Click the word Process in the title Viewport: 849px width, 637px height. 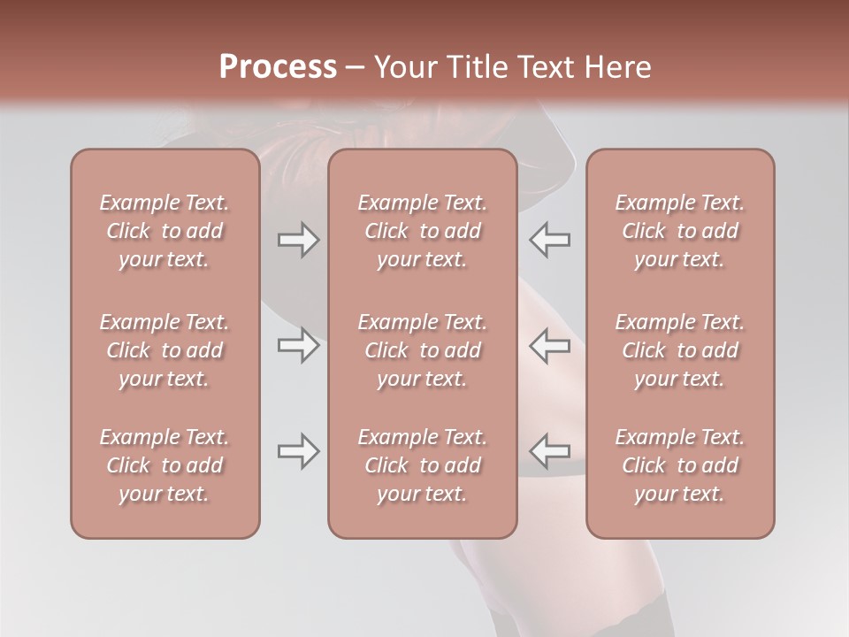tap(278, 67)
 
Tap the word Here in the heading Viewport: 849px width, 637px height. tap(620, 67)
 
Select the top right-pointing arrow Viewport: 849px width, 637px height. tap(298, 240)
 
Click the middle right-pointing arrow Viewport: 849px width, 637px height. tap(298, 345)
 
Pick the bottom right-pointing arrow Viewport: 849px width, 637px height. tap(298, 451)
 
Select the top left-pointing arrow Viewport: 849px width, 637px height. tap(550, 240)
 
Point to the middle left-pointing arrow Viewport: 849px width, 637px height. tap(550, 345)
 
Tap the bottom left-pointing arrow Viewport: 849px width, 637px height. tap(550, 451)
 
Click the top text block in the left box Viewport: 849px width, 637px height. tap(164, 231)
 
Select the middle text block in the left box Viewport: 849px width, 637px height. tap(164, 350)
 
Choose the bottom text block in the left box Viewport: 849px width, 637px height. tap(164, 465)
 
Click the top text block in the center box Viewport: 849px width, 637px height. tap(422, 231)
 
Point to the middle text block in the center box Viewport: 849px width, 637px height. tap(422, 350)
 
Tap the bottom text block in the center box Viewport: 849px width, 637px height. tap(422, 465)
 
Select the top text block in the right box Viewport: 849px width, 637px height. tap(679, 231)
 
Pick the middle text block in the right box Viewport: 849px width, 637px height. tap(679, 350)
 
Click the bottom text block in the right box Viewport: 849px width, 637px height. tap(679, 465)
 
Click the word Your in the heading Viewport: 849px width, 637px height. tap(402, 67)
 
